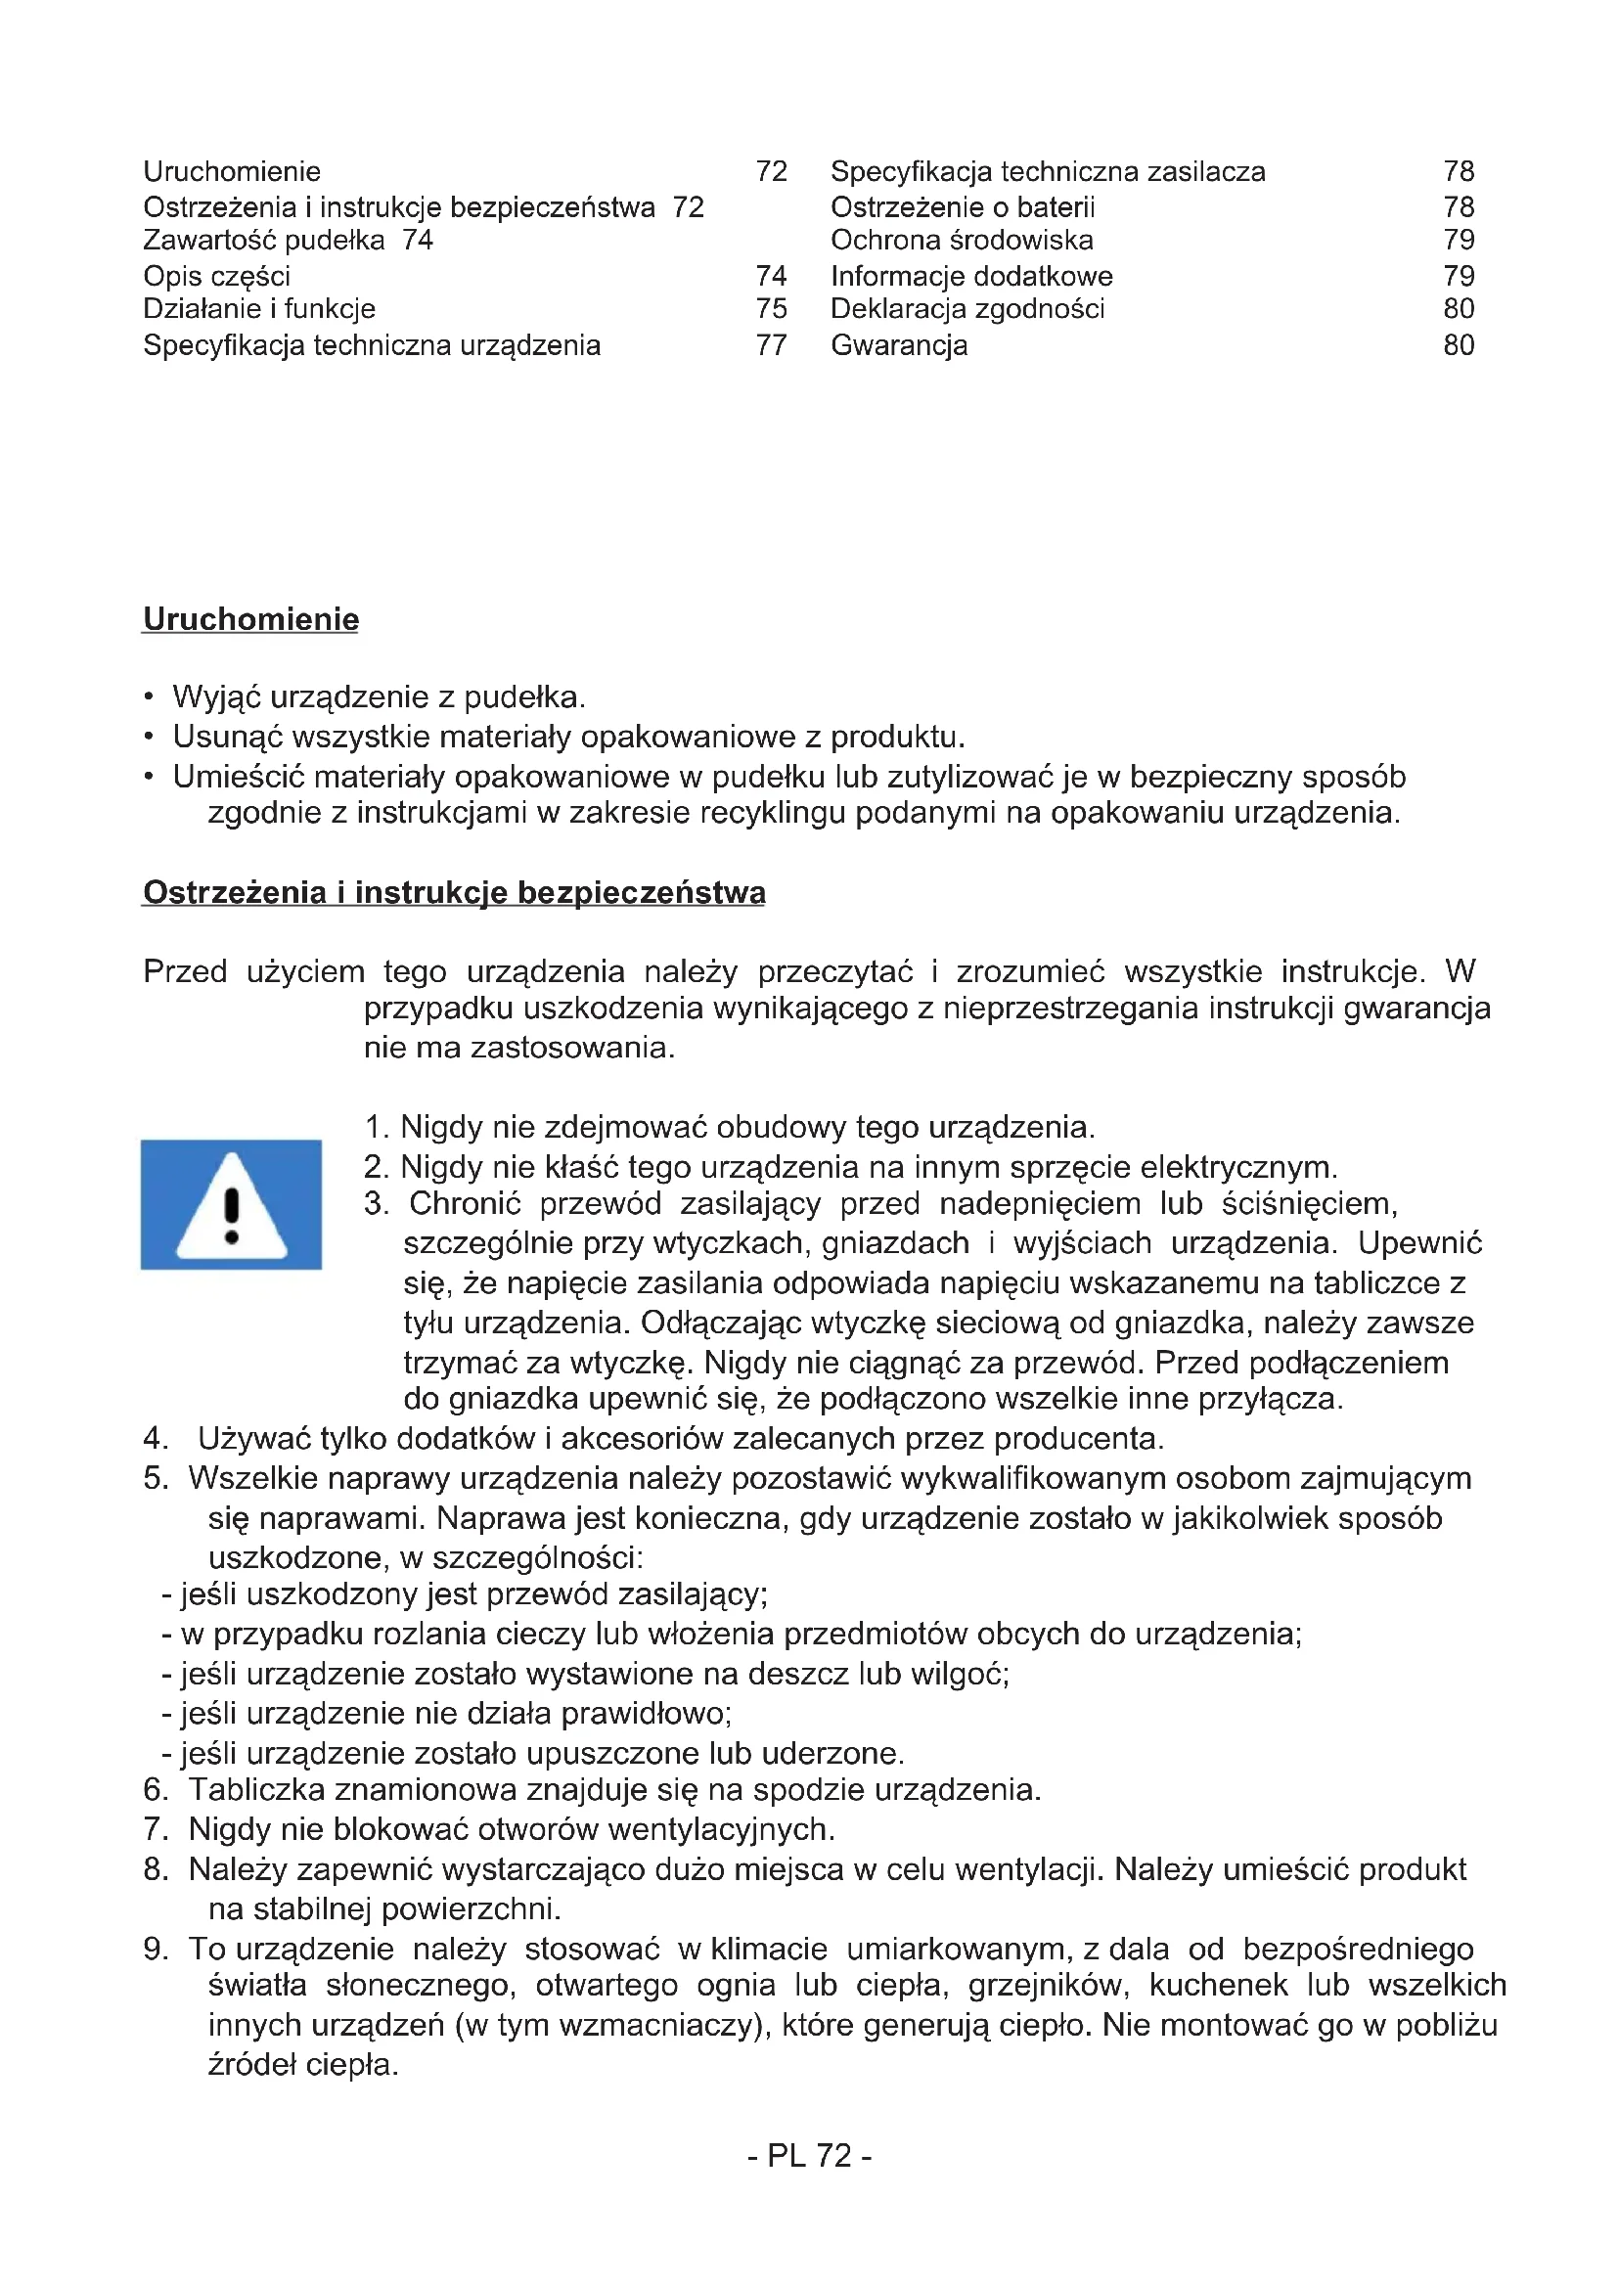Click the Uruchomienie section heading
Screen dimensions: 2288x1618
point(251,619)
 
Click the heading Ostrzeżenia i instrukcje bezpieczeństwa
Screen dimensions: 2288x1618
point(454,892)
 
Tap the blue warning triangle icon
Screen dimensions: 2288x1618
point(231,1205)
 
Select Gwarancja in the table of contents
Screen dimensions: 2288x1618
point(899,345)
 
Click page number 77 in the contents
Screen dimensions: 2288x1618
point(771,345)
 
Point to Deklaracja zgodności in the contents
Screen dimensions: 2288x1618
point(967,309)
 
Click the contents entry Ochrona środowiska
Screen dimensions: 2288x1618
point(962,241)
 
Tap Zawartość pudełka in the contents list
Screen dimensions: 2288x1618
point(264,241)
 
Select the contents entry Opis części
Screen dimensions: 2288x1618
point(216,276)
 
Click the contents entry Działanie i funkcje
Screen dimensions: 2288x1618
point(259,309)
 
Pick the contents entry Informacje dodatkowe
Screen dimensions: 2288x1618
point(971,276)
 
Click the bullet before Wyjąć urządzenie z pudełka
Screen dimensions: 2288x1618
point(149,696)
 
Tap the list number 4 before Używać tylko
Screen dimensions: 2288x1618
point(155,1439)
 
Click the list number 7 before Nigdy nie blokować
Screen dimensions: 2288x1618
point(154,1829)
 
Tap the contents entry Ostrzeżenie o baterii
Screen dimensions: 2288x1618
point(963,207)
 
